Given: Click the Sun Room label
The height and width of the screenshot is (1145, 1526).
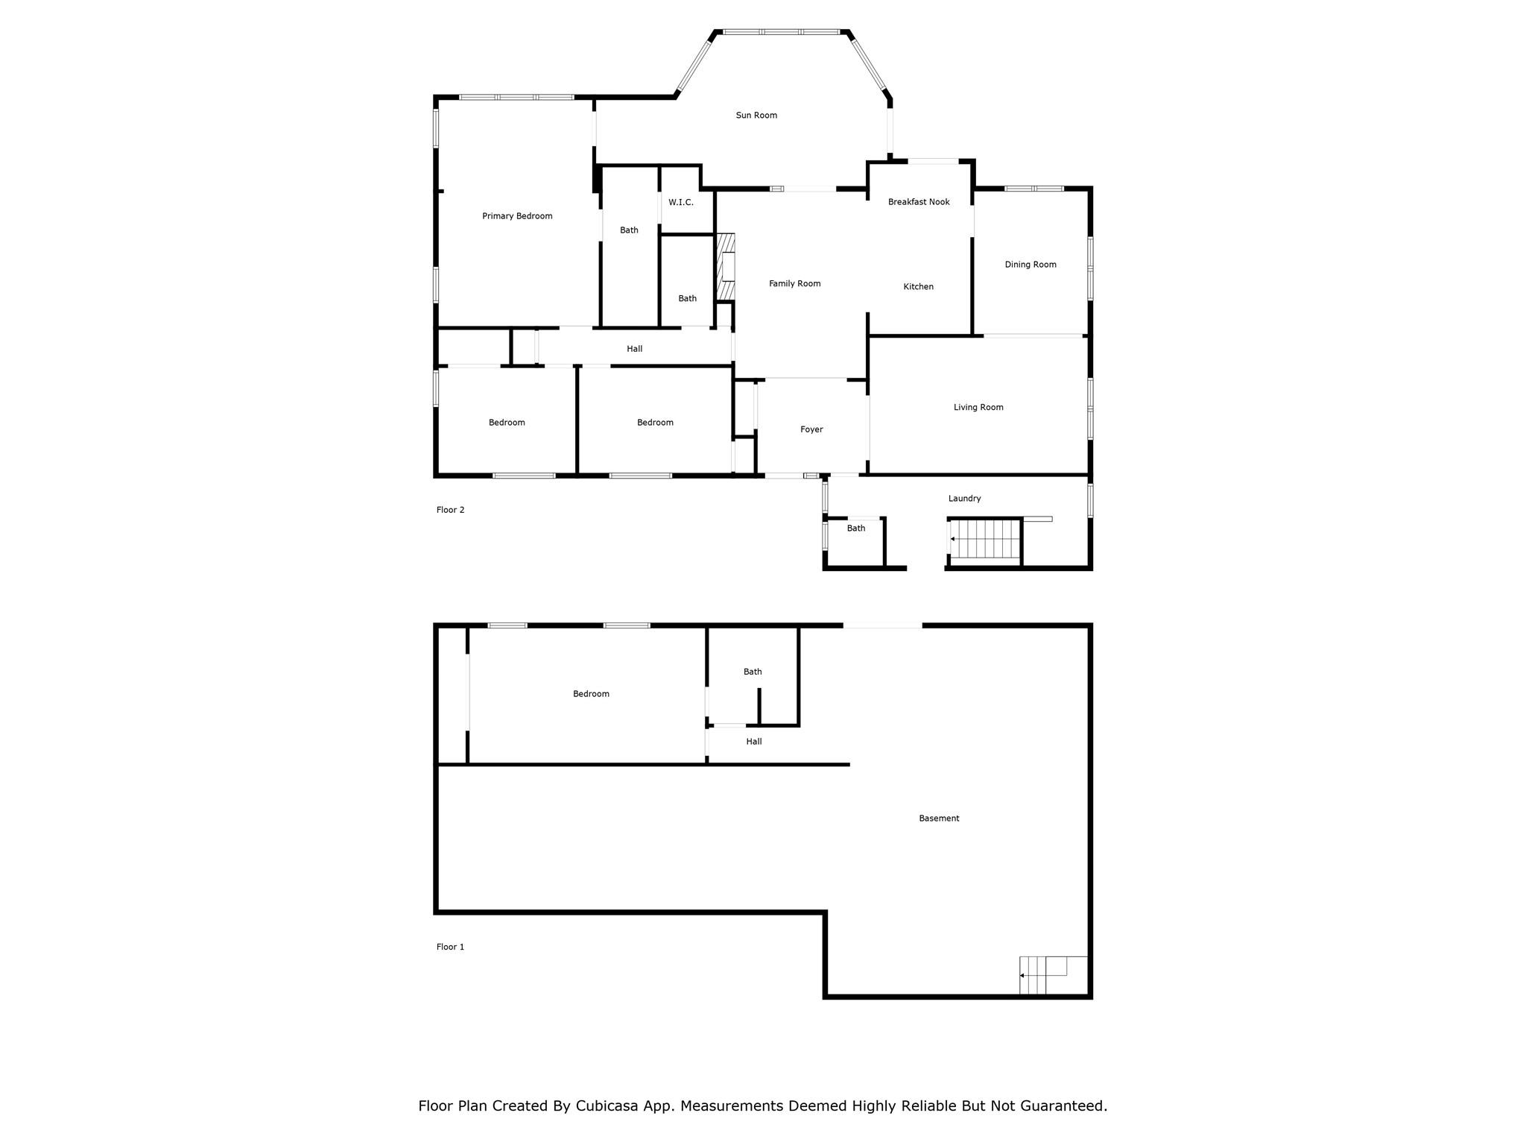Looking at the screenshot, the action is pyautogui.click(x=756, y=116).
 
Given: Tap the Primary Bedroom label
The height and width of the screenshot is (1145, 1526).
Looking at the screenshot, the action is pyautogui.click(x=517, y=216).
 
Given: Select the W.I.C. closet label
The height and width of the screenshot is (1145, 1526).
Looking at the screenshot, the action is pyautogui.click(x=681, y=202).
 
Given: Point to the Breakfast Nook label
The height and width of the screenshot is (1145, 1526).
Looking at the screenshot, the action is pyautogui.click(x=919, y=202).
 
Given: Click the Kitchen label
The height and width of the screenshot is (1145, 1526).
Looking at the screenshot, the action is pyautogui.click(x=919, y=287).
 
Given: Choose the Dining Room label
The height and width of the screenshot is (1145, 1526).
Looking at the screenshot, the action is pyautogui.click(x=1030, y=265).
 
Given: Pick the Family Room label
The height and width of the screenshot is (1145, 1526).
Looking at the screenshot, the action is pyautogui.click(x=795, y=284).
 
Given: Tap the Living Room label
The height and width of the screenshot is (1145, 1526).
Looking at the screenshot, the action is pyautogui.click(x=978, y=408).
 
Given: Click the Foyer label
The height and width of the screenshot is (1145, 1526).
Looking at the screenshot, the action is pyautogui.click(x=811, y=429).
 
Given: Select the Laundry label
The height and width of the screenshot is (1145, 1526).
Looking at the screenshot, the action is pyautogui.click(x=965, y=499).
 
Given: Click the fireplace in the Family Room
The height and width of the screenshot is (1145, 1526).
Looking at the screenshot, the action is pyautogui.click(x=726, y=267).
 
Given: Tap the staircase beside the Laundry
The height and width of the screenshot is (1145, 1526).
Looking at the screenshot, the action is pyautogui.click(x=984, y=539).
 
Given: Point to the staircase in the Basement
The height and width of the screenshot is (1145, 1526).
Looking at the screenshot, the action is pyautogui.click(x=1043, y=975).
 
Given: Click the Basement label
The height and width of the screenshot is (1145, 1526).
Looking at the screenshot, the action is pyautogui.click(x=939, y=818).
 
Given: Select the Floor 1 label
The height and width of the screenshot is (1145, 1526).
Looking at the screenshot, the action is pyautogui.click(x=450, y=947).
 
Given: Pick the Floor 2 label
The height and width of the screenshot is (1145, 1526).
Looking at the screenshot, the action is pyautogui.click(x=450, y=511).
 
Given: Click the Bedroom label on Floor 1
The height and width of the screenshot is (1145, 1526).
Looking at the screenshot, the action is pyautogui.click(x=591, y=694).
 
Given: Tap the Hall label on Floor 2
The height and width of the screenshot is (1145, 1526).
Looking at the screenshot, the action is pyautogui.click(x=635, y=349).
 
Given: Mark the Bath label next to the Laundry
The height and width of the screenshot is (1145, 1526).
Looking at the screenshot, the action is pyautogui.click(x=856, y=529).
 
